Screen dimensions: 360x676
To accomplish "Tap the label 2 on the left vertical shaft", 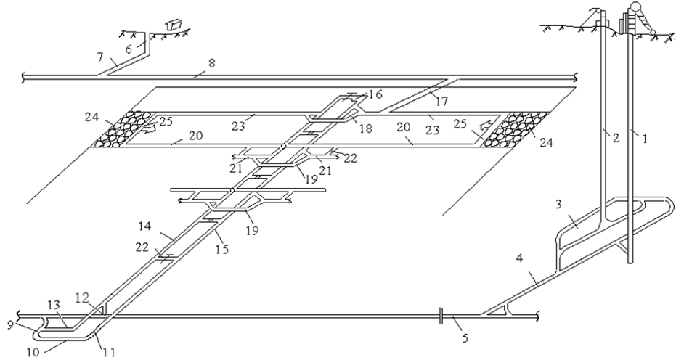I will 614,136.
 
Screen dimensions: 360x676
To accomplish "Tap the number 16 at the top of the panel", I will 375,94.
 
